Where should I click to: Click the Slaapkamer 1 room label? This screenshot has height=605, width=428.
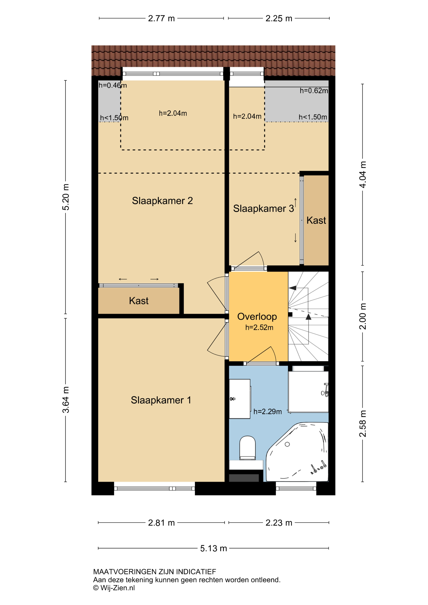pyautogui.click(x=161, y=400)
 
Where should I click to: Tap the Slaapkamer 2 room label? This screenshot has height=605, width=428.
pyautogui.click(x=162, y=201)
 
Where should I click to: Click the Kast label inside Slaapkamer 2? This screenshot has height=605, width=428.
pyautogui.click(x=139, y=301)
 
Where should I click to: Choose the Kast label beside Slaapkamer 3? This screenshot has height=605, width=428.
pyautogui.click(x=316, y=220)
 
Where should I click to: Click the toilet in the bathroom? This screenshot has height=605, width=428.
pyautogui.click(x=248, y=448)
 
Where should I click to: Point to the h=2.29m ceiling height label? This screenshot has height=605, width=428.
pyautogui.click(x=268, y=412)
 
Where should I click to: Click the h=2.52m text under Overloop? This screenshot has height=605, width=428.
pyautogui.click(x=259, y=328)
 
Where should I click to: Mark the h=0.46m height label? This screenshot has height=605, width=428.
pyautogui.click(x=113, y=85)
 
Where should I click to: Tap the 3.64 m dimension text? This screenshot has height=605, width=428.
pyautogui.click(x=66, y=400)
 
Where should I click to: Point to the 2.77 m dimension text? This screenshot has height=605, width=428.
pyautogui.click(x=161, y=18)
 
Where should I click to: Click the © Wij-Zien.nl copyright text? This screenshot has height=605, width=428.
pyautogui.click(x=114, y=588)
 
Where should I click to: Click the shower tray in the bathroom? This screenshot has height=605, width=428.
pyautogui.click(x=308, y=392)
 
